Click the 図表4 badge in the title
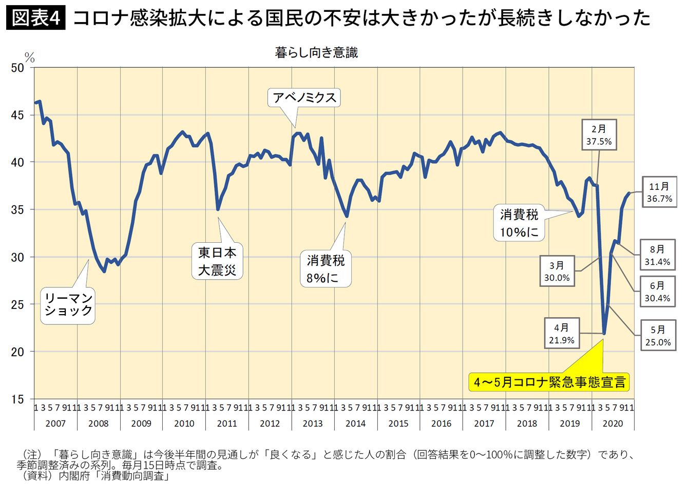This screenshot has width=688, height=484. pyautogui.click(x=36, y=18)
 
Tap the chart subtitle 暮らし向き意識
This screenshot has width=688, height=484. pyautogui.click(x=316, y=52)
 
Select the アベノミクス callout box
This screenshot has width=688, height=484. pyautogui.click(x=304, y=97)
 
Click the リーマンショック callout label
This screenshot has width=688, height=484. pyautogui.click(x=68, y=304)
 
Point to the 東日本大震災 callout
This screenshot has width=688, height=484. pyautogui.click(x=217, y=261)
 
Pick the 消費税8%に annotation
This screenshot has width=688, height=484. pyautogui.click(x=326, y=269)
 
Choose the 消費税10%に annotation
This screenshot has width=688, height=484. pyautogui.click(x=519, y=223)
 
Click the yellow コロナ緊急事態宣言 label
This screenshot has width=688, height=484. pyautogui.click(x=550, y=382)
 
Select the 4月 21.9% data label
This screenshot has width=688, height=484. pyautogui.click(x=561, y=334)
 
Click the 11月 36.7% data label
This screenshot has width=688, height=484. pyautogui.click(x=659, y=192)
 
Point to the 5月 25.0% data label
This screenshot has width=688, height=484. pyautogui.click(x=658, y=336)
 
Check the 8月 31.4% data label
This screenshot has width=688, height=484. pyautogui.click(x=657, y=255)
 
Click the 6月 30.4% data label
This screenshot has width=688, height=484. pyautogui.click(x=657, y=292)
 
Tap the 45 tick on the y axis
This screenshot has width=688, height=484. pyautogui.click(x=17, y=115)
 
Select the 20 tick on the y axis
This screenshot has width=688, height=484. pyautogui.click(x=17, y=352)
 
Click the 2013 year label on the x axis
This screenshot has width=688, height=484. pyautogui.click(x=313, y=423)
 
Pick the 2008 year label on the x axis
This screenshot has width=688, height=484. pyautogui.click(x=99, y=423)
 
